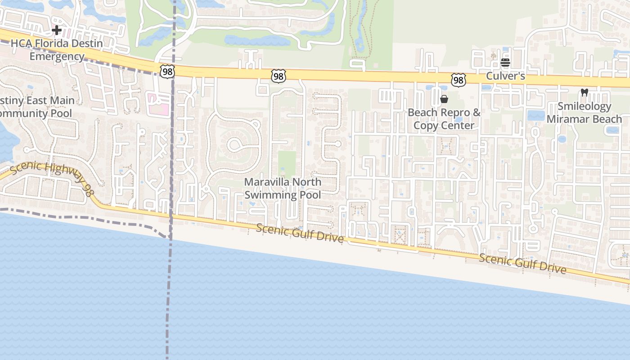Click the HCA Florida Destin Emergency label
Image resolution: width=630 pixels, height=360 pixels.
pyautogui.click(x=57, y=50)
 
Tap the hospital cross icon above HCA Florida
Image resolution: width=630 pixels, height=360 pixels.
pyautogui.click(x=57, y=30)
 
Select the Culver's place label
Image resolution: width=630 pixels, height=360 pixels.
pyautogui.click(x=505, y=76)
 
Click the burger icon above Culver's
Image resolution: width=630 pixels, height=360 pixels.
pyautogui.click(x=505, y=63)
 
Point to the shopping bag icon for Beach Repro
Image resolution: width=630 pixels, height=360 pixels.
pyautogui.click(x=444, y=99)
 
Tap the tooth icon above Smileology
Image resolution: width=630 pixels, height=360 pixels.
pyautogui.click(x=585, y=92)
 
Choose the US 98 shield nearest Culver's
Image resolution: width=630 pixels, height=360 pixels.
pyautogui.click(x=458, y=81)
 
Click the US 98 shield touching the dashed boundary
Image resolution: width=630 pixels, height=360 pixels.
pyautogui.click(x=166, y=71)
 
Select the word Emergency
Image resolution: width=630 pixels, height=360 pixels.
pyautogui.click(x=57, y=57)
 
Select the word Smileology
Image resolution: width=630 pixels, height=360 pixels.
pyautogui.click(x=585, y=107)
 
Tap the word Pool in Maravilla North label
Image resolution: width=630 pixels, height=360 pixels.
pyautogui.click(x=310, y=195)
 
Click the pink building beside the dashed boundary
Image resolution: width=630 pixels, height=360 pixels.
pyautogui.click(x=158, y=103)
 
